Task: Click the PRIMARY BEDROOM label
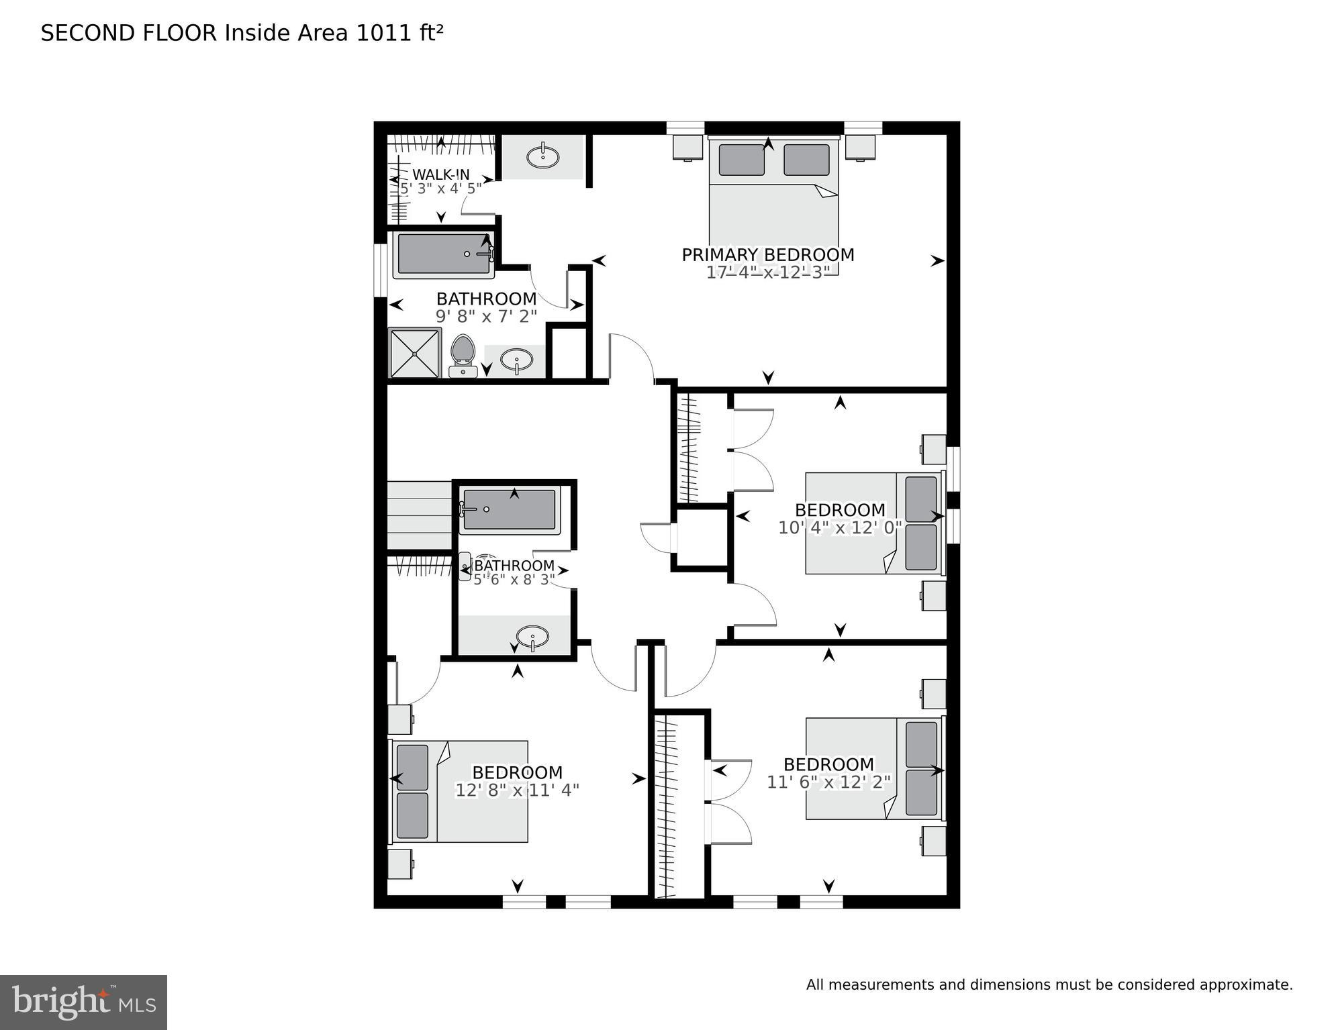point(767,255)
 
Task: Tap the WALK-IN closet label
point(440,175)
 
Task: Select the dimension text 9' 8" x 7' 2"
point(486,316)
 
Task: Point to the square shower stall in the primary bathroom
point(415,353)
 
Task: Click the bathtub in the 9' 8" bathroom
point(443,254)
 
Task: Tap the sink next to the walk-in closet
point(542,158)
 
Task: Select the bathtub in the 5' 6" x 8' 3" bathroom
point(510,509)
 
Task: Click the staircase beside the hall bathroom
point(419,515)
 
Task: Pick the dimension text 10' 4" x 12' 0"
point(839,528)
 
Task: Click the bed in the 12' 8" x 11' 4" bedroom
point(460,791)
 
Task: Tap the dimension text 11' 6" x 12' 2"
point(828,782)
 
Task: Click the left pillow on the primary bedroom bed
point(741,160)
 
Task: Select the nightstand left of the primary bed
point(688,147)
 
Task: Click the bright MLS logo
point(83,1002)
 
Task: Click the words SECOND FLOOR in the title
point(129,33)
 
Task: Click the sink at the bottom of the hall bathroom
point(533,635)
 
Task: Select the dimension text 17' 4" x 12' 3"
point(767,272)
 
